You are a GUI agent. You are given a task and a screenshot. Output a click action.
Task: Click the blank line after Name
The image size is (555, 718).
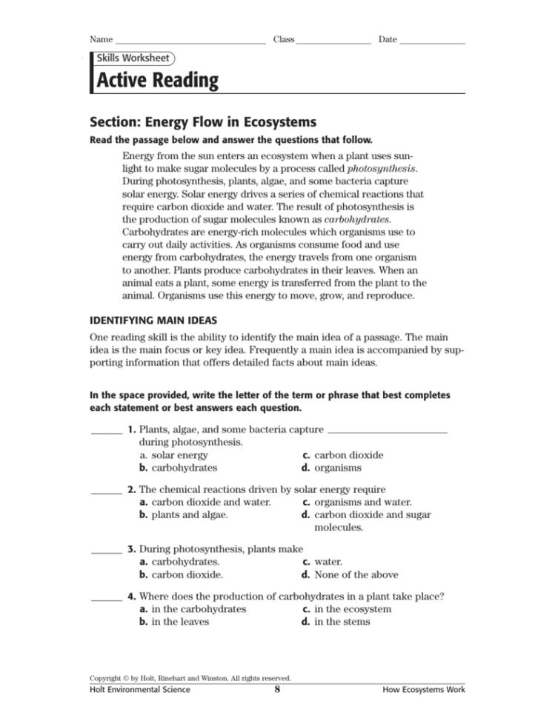190,41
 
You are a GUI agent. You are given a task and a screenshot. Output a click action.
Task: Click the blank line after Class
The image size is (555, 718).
333,41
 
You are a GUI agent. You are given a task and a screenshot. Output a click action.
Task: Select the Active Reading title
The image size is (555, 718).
158,81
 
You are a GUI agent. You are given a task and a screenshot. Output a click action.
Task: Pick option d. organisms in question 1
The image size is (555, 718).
331,468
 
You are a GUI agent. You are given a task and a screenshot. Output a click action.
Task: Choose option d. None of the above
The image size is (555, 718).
350,574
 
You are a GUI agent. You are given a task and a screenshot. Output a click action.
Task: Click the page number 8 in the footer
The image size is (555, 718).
276,690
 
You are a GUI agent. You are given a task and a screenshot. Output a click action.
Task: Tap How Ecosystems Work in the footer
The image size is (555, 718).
424,690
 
